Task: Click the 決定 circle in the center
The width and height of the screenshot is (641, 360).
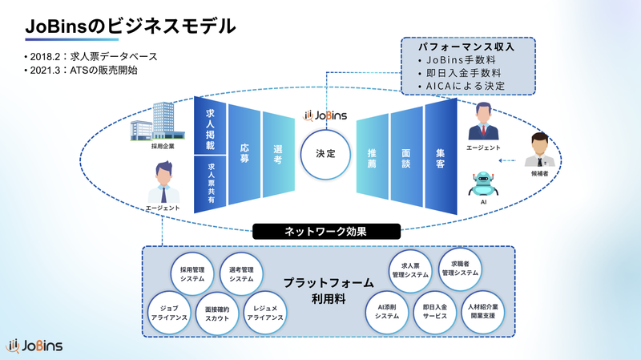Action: tap(326, 152)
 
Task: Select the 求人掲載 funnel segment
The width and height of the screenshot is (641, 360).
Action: tap(211, 128)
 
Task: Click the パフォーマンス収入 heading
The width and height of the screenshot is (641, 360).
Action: tap(455, 47)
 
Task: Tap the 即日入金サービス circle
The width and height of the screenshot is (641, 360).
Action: tap(435, 311)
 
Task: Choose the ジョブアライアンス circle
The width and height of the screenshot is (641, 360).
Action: tap(170, 311)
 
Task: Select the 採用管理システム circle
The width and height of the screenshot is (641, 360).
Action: tap(192, 274)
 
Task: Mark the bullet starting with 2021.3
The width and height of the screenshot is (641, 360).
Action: tap(81, 71)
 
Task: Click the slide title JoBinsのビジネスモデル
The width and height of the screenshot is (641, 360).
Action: tap(129, 26)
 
